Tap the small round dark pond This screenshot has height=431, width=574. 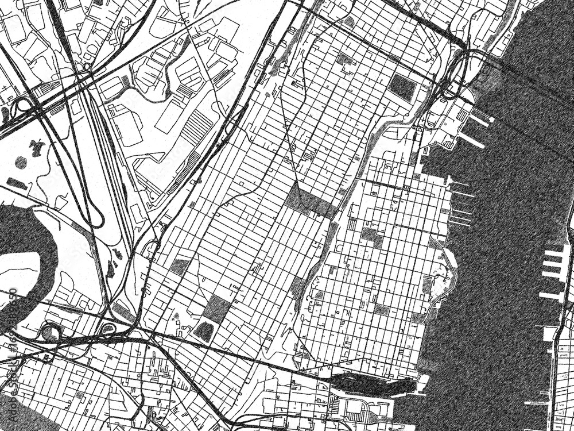(21, 163)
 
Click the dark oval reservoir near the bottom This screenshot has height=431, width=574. (204, 330)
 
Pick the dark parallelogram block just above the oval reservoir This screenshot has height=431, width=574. (216, 309)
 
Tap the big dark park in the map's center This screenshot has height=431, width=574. (311, 201)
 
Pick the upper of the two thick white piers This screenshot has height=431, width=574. (480, 121)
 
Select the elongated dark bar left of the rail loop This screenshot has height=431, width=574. (17, 184)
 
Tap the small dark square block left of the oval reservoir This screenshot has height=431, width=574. (180, 265)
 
